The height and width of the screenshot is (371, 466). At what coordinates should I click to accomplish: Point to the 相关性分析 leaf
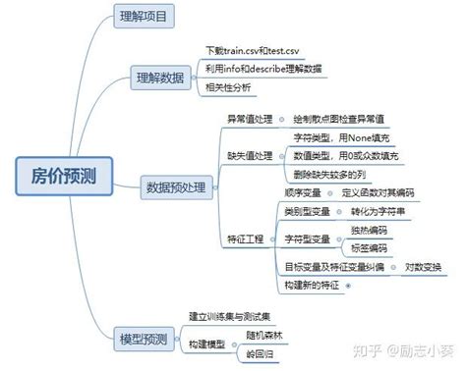pyautogui.click(x=229, y=87)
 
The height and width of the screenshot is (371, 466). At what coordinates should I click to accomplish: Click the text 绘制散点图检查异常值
pyautogui.click(x=335, y=119)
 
